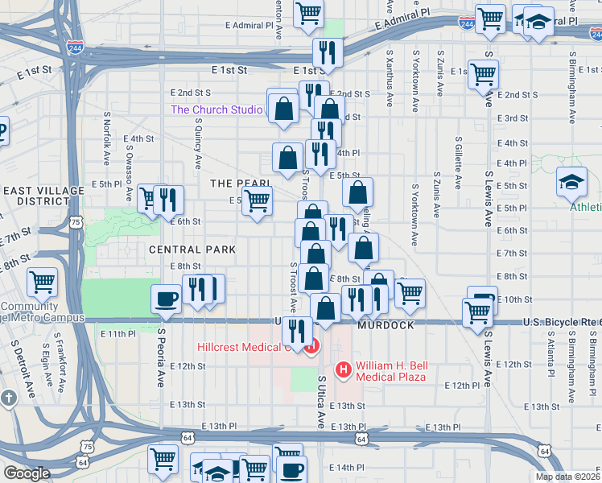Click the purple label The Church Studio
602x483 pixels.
(x=216, y=109)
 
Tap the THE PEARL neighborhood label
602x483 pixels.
(x=233, y=184)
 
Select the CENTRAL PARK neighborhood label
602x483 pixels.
(x=192, y=250)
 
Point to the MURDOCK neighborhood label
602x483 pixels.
(x=390, y=325)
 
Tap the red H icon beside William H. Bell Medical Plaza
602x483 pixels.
(x=344, y=370)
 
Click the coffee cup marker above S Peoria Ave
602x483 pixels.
(x=167, y=298)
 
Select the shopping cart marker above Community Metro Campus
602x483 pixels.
(x=42, y=283)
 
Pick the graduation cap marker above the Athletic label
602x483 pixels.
(x=571, y=184)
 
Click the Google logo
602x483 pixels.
(x=27, y=473)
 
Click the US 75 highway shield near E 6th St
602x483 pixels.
(x=75, y=221)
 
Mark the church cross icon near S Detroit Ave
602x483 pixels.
(x=8, y=398)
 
